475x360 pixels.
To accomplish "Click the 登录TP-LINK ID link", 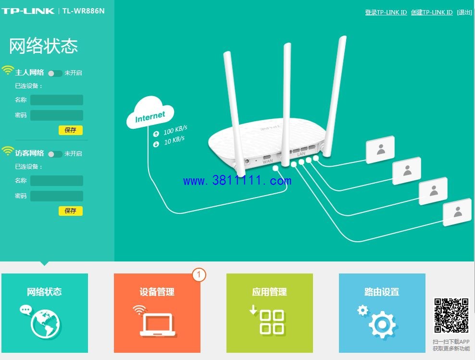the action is [386, 12].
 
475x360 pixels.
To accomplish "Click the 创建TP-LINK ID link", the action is [432, 12].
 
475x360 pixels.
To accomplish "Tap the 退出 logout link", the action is [464, 12].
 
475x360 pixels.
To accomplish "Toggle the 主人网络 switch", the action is [55, 73].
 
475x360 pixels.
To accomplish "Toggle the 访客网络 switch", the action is [55, 154].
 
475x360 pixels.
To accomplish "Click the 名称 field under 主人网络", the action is [57, 100].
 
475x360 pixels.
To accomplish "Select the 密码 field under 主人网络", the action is [57, 115].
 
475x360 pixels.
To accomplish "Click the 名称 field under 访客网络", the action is [57, 181].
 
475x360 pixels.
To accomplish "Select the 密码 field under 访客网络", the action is [57, 196].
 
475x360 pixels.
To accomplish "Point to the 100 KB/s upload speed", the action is [175, 130].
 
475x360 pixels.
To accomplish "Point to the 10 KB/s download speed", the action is [174, 140].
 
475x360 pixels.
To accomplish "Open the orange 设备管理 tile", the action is [157, 313].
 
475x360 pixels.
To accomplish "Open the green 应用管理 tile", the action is [270, 313].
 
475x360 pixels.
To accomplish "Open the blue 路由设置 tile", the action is [382, 313].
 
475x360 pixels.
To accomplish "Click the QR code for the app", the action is [451, 315].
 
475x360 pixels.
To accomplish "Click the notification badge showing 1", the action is [199, 275].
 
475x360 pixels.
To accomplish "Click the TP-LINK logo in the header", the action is [28, 11].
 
